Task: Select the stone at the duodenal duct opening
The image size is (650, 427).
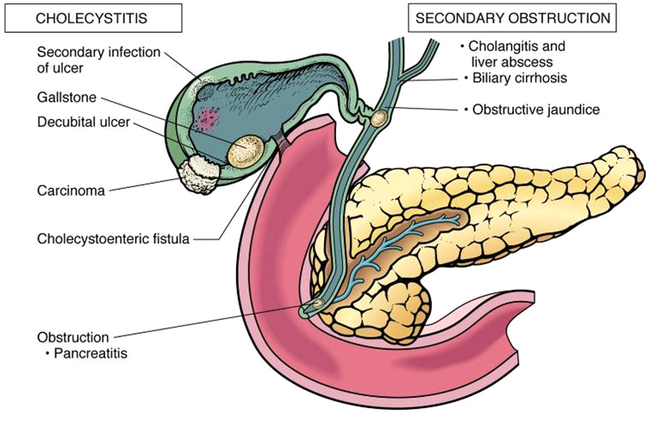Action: [x=316, y=304]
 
